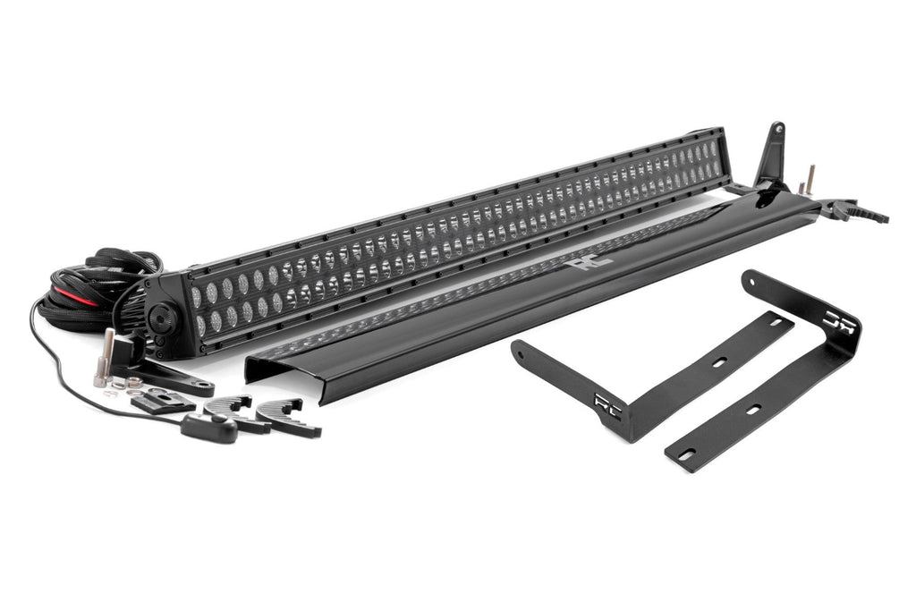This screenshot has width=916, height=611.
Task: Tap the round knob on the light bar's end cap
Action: point(164,316)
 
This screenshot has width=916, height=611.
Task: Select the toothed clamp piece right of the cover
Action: point(857,212)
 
